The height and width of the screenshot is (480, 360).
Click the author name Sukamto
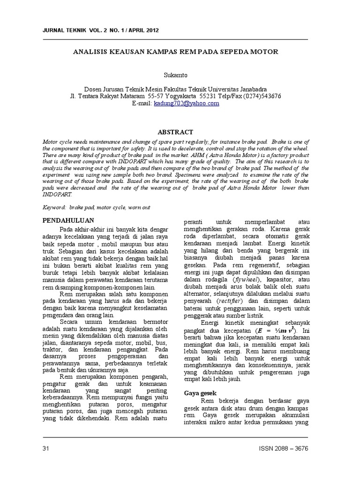coord(175,74)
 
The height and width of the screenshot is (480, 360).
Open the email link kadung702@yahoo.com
coord(186,104)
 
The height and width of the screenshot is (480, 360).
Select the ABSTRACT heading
coord(175,133)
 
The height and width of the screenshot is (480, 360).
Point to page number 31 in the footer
coord(46,449)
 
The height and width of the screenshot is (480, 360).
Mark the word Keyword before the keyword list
coord(54,207)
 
